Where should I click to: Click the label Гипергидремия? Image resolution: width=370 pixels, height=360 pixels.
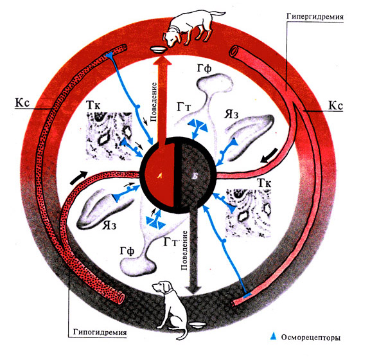click(x=315, y=17)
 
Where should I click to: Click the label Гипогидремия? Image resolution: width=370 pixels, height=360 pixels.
click(x=100, y=332)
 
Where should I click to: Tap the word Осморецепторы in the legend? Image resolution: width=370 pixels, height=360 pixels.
click(x=310, y=337)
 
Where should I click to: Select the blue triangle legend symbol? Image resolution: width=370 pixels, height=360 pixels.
click(x=273, y=336)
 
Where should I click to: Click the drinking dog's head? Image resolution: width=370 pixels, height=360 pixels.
click(x=172, y=38)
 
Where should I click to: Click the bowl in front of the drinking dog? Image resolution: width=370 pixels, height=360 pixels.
click(x=158, y=50)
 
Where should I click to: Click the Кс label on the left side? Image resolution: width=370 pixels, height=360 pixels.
click(x=22, y=103)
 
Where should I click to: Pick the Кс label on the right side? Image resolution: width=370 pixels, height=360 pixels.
click(x=335, y=105)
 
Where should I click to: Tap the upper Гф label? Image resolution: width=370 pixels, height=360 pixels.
click(x=204, y=69)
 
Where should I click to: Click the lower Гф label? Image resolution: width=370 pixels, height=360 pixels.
click(x=127, y=251)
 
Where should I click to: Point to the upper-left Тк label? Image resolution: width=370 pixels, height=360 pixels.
click(x=93, y=105)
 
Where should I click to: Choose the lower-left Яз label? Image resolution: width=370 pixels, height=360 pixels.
click(x=109, y=226)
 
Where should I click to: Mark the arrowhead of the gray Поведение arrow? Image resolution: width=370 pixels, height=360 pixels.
click(x=193, y=289)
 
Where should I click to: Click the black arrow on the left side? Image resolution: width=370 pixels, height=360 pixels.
click(x=78, y=177)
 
